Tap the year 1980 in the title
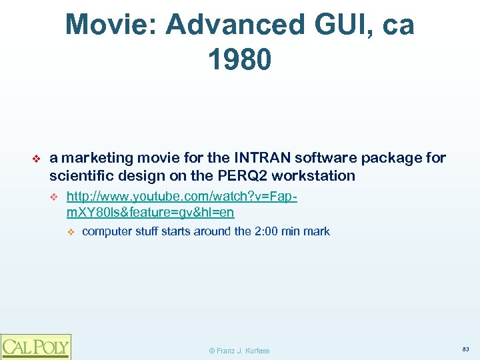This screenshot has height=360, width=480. pyautogui.click(x=240, y=59)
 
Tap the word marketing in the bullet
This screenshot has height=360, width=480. pyautogui.click(x=97, y=158)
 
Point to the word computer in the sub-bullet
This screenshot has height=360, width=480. pyautogui.click(x=107, y=231)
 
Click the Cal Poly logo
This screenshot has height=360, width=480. pyautogui.click(x=35, y=346)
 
